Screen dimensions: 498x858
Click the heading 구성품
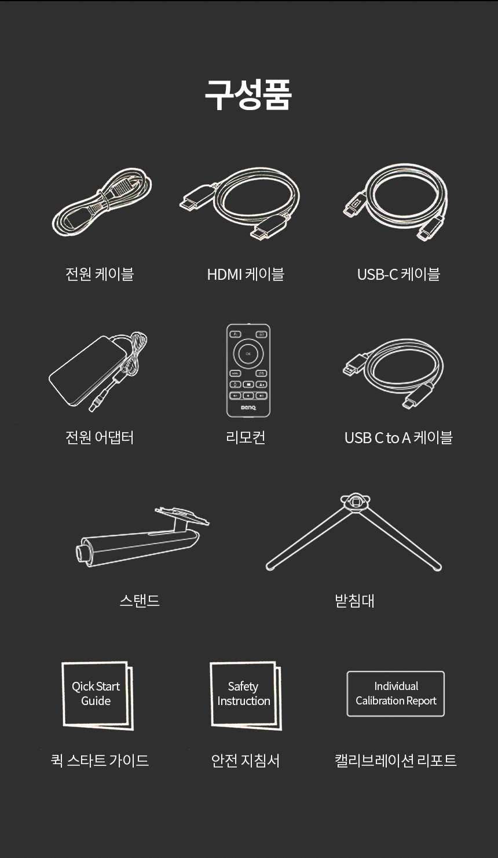(x=248, y=95)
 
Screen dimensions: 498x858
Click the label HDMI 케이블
(x=246, y=274)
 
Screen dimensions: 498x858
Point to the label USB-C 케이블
(x=398, y=274)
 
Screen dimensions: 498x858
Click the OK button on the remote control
(x=248, y=353)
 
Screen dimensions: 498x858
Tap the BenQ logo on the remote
(x=248, y=407)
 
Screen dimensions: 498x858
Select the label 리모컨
(x=246, y=437)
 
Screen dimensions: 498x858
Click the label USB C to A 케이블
(x=398, y=437)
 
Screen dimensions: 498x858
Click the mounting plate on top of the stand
(x=182, y=515)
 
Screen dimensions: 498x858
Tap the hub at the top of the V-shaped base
(x=355, y=502)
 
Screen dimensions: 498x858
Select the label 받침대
(x=354, y=601)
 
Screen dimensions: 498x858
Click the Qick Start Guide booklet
(x=98, y=695)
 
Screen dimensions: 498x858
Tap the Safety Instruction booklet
(x=246, y=695)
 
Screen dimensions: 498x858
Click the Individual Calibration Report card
(x=396, y=693)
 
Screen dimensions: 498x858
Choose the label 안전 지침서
(x=246, y=760)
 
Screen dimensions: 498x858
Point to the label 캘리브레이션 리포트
(x=396, y=760)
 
